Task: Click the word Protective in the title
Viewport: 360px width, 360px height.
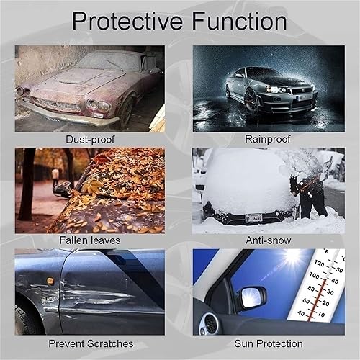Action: tap(123, 21)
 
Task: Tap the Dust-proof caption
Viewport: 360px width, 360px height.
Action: tap(89, 138)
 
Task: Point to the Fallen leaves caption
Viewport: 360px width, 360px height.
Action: tap(89, 240)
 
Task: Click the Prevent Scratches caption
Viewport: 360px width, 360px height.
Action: tap(89, 343)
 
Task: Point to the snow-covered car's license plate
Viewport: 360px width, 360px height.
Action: tap(253, 217)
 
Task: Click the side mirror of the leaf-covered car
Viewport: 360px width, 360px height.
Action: tap(63, 189)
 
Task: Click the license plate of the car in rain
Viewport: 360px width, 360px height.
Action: tap(305, 96)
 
